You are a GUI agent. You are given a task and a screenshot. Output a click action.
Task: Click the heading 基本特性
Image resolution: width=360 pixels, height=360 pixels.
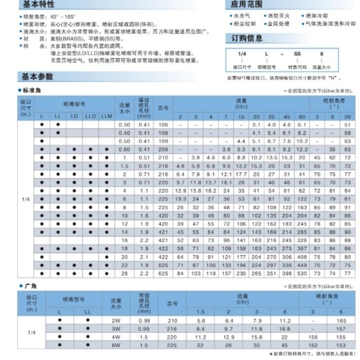38,5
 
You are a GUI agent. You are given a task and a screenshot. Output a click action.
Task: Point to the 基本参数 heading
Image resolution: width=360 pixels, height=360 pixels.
37,76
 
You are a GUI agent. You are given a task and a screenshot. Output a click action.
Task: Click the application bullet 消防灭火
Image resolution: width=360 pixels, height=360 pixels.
279,16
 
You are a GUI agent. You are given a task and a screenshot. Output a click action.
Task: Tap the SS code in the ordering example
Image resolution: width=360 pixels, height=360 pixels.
297,54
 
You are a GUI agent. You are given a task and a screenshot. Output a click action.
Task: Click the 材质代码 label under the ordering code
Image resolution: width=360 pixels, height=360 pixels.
297,67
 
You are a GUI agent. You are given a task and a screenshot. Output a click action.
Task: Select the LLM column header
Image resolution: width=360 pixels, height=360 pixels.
107,116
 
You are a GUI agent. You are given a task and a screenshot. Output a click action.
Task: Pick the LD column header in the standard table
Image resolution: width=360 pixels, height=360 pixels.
74,116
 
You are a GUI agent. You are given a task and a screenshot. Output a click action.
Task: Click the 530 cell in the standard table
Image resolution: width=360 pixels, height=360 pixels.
301,273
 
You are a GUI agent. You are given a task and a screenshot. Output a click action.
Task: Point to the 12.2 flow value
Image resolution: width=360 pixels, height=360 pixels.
301,149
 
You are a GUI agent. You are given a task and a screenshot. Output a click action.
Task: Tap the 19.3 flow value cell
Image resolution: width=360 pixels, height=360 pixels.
180,199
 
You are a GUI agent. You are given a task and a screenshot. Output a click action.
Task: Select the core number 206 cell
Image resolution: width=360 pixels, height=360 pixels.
163,149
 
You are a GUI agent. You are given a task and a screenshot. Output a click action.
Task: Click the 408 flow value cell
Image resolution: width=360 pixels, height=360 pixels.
301,257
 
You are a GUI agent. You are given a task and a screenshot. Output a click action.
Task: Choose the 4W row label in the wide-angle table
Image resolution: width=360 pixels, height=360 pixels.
116,337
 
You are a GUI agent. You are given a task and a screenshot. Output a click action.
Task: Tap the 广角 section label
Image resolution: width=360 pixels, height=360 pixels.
30,286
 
